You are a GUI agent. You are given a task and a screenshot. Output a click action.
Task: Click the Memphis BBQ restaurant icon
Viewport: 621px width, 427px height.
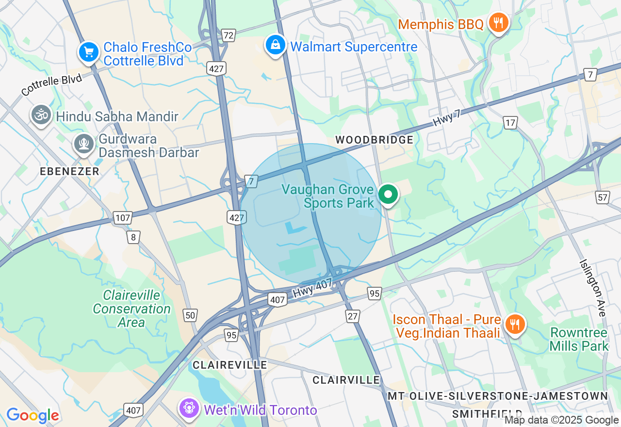[x=498, y=22]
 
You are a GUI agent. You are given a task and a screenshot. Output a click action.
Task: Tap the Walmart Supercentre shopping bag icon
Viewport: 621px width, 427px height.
[x=276, y=45]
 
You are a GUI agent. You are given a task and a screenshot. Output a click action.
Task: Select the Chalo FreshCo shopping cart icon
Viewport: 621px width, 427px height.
[x=89, y=52]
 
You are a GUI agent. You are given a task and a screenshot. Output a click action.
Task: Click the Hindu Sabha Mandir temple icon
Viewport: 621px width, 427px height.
[x=41, y=115]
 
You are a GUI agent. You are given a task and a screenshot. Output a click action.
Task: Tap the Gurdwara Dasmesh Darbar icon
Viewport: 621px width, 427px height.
[x=84, y=144]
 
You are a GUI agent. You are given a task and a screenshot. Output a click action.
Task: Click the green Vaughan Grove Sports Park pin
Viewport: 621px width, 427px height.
[x=388, y=195]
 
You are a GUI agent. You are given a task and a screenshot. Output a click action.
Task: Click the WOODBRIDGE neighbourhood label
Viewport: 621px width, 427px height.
[x=374, y=140]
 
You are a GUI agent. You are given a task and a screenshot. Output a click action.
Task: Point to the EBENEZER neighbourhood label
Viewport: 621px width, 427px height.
[x=70, y=171]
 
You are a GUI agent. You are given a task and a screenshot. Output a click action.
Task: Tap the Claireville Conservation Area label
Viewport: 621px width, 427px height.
[x=131, y=309]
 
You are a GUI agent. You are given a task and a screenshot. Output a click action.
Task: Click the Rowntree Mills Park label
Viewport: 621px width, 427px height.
[x=579, y=339]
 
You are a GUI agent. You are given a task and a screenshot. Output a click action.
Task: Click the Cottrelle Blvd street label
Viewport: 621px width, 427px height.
[x=52, y=84]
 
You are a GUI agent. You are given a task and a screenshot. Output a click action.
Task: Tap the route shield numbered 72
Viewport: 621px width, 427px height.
[x=228, y=35]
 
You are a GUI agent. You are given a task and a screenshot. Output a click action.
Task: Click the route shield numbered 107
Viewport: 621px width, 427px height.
[x=122, y=218]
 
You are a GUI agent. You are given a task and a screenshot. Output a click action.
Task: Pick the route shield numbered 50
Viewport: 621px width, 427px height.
[x=190, y=315]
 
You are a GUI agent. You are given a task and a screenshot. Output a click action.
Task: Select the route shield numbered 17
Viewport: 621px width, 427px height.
[x=510, y=123]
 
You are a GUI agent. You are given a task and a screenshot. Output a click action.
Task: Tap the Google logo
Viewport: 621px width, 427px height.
[x=33, y=415]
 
